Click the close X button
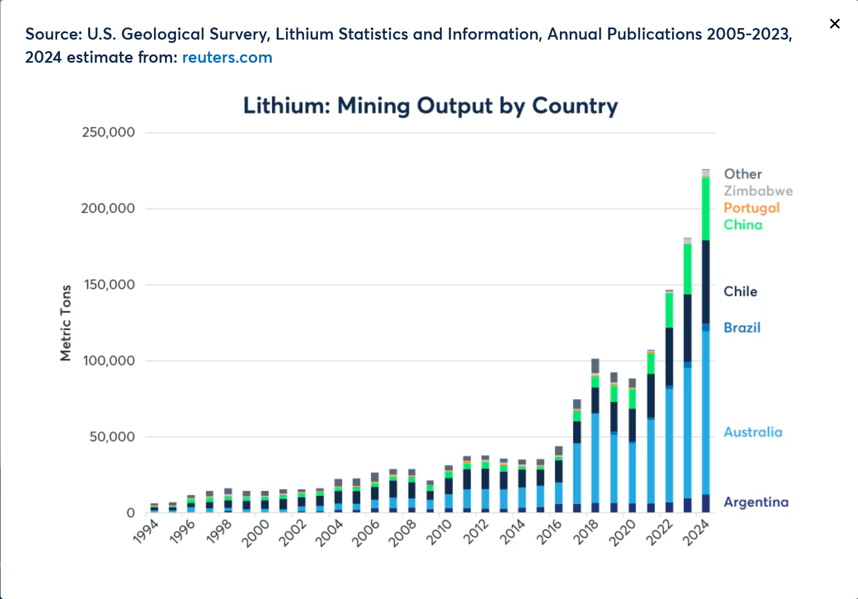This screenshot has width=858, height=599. coord(834,24)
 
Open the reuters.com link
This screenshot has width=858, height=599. coord(227,57)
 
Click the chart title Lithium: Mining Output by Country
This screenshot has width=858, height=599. coord(430,106)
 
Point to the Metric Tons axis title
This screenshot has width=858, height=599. coord(66,323)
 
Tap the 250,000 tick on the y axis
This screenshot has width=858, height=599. coord(108,133)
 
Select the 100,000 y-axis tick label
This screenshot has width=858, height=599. coord(108,361)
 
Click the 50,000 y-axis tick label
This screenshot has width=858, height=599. coord(112,437)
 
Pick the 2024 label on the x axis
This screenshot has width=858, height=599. coord(696,532)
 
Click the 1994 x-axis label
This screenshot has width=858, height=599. coord(146,532)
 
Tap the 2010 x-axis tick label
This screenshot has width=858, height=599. coord(439,532)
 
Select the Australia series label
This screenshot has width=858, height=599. coord(752,432)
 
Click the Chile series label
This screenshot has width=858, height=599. coord(740,292)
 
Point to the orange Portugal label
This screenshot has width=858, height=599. coord(751,208)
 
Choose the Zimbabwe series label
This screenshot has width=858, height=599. coord(758,191)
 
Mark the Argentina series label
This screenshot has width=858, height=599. coord(756,502)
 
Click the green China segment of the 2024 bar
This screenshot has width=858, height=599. coord(706,209)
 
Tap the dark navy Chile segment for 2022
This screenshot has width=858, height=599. coord(669,356)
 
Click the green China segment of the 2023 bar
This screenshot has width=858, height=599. coord(687,269)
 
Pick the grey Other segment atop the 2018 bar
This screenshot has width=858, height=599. coord(595,366)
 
